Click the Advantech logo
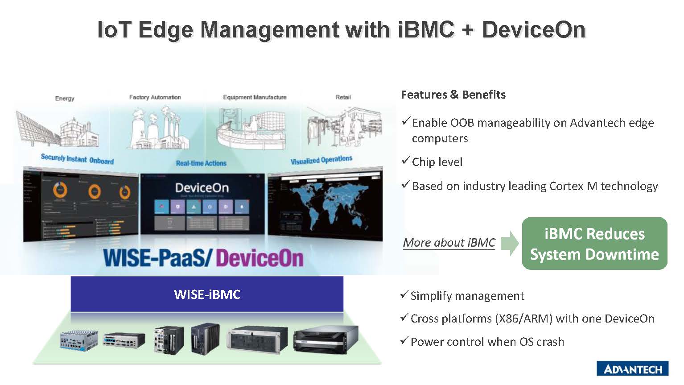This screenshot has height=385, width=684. click(632, 368)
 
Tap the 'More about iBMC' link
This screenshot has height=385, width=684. click(449, 243)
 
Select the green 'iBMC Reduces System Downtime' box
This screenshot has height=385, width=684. click(594, 244)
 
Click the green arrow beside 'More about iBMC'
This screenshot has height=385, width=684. click(510, 243)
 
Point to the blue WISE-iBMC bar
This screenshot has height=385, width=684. click(207, 294)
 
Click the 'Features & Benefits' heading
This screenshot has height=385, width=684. click(453, 95)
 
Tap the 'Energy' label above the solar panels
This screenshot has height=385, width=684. click(65, 98)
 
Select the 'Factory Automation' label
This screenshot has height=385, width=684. click(155, 97)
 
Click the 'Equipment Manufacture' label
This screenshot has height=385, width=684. click(255, 97)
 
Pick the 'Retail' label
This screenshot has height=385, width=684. click(343, 97)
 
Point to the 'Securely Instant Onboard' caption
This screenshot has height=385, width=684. click(77, 159)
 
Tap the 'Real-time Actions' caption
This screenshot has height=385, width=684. click(201, 163)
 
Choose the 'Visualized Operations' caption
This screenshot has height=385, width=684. click(321, 160)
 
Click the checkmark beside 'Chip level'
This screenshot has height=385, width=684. click(405, 161)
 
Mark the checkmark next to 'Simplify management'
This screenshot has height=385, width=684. click(404, 294)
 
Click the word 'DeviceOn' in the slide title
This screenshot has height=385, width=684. click(533, 29)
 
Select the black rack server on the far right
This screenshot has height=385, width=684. click(326, 338)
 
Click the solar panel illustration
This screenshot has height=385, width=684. click(38, 127)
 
